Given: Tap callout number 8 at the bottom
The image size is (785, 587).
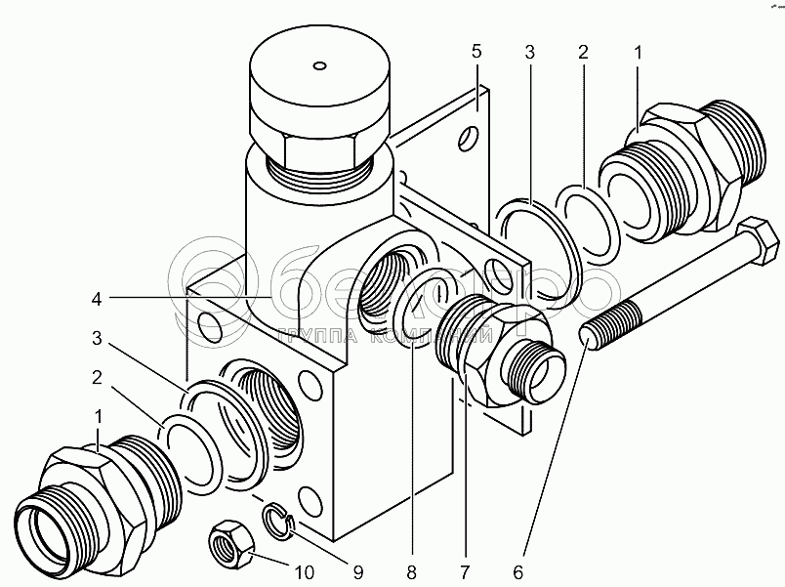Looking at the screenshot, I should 412,570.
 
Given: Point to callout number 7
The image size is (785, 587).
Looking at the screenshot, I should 464,570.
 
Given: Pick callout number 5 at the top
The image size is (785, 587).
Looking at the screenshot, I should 475,50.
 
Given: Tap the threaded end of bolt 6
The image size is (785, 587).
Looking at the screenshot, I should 610,322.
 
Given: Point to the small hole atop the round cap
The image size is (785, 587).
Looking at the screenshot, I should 318,66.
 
